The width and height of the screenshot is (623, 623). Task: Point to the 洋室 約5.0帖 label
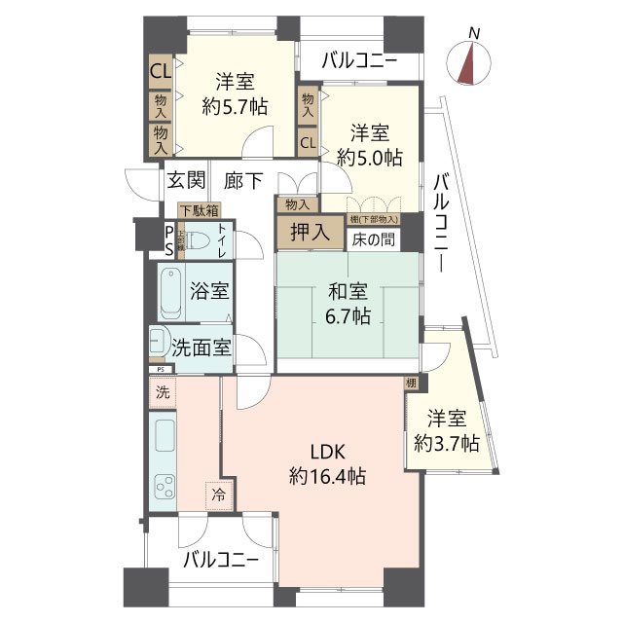pyautogui.click(x=370, y=143)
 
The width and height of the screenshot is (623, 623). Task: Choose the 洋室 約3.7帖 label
pyautogui.click(x=447, y=430)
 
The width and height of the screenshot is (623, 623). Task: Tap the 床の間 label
pyautogui.click(x=373, y=238)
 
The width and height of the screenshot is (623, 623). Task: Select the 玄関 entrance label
pyautogui.click(x=185, y=179)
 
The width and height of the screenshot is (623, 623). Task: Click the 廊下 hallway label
pyautogui.click(x=243, y=179)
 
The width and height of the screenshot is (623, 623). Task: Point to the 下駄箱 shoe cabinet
pyautogui.click(x=199, y=209)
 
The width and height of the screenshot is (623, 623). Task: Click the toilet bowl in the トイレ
pyautogui.click(x=196, y=240)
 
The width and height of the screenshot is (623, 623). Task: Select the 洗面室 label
pyautogui.click(x=202, y=348)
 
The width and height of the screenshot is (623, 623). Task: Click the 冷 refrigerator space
pyautogui.click(x=219, y=495)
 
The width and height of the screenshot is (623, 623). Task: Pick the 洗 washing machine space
pyautogui.click(x=163, y=393)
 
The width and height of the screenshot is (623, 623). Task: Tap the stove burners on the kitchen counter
pyautogui.click(x=163, y=483)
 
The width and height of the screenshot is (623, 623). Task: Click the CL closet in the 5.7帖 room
pyautogui.click(x=161, y=70)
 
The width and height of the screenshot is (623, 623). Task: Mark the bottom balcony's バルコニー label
pyautogui.click(x=220, y=560)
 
